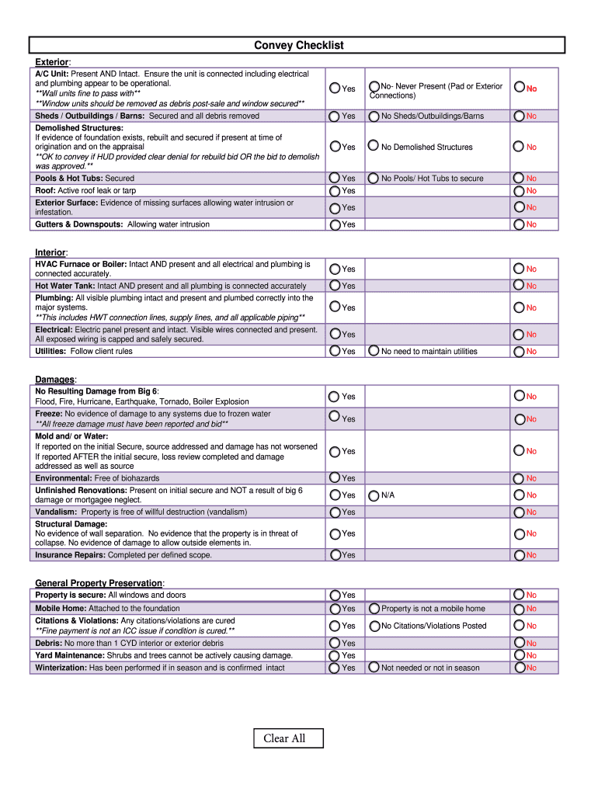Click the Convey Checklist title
pos(299,46)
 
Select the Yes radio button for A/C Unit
pos(335,89)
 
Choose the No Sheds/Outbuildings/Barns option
pos(374,116)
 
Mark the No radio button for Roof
pos(519,190)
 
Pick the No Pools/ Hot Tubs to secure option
pos(374,178)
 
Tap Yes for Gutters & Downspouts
pos(335,224)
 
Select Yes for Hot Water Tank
pos(335,286)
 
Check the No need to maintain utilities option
pos(374,351)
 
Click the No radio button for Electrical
pos(519,335)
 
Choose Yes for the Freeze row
pos(335,418)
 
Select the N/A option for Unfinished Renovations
pos(374,495)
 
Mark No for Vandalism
pos(519,512)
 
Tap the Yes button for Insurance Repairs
pos(335,554)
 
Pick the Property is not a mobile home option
pos(374,609)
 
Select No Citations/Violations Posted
pos(374,626)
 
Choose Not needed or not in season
pos(374,668)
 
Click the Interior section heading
pos(51,252)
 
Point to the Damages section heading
pos(55,379)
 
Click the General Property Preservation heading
pos(99,582)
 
